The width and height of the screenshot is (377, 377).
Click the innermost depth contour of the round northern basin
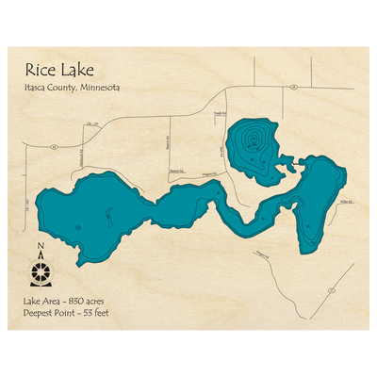click(252, 141)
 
